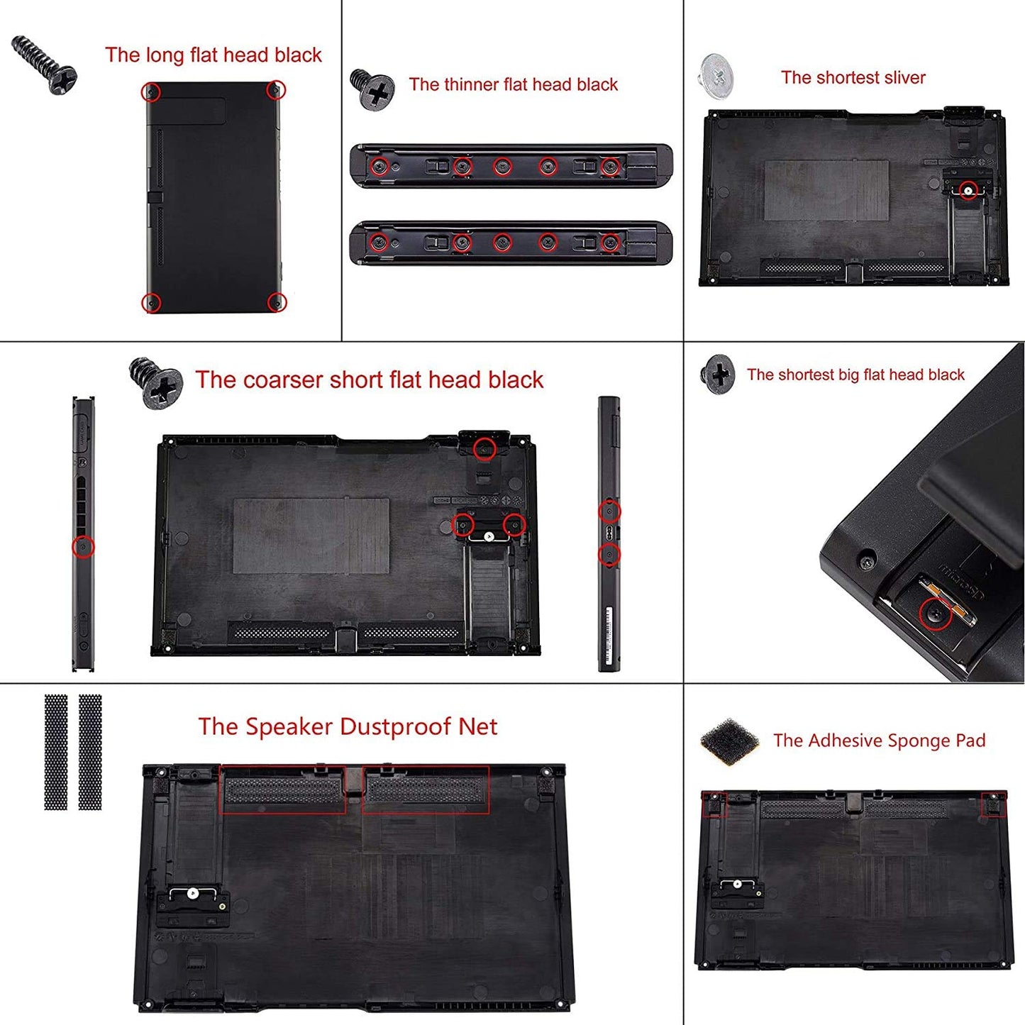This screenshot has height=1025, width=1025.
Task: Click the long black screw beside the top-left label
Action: point(44,65)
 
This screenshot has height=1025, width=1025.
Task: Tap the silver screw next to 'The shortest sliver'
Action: point(716,76)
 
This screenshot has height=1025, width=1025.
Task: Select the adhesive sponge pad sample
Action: point(729,742)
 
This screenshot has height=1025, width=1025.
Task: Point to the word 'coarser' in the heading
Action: point(280,380)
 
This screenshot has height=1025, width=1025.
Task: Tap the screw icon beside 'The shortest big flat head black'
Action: point(718,374)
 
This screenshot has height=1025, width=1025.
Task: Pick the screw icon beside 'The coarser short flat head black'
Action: point(155,383)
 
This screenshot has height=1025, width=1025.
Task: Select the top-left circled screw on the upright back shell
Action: point(150,92)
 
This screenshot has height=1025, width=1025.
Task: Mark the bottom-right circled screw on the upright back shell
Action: point(277,303)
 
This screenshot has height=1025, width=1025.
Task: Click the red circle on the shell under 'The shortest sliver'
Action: point(968,190)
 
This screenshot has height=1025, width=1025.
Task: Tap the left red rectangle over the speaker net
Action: point(282,789)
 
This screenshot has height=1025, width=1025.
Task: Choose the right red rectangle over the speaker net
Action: point(426,789)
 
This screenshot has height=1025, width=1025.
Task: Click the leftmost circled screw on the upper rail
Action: point(379,167)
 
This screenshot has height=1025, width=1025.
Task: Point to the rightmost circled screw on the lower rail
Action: point(609,243)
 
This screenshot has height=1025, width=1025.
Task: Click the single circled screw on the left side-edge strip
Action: point(84,547)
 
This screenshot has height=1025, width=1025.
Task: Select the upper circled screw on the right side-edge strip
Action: point(609,511)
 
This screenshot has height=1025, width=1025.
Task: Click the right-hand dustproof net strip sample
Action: point(90,752)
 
